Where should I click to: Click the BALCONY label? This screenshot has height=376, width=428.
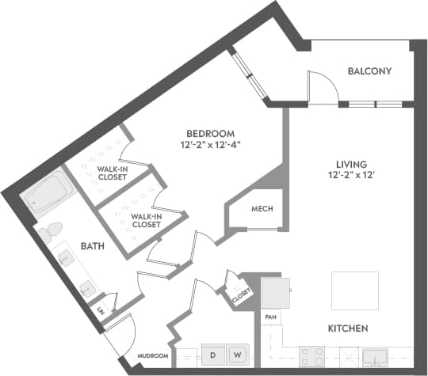[x=369, y=71]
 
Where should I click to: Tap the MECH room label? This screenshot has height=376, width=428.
[x=262, y=209]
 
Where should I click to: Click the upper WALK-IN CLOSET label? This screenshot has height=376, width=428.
[x=113, y=173]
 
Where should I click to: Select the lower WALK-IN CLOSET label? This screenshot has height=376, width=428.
[x=146, y=220]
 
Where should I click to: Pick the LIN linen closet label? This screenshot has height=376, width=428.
[x=101, y=311]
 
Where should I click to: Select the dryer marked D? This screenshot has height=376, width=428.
[x=213, y=355]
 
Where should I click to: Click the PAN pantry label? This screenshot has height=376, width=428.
[x=269, y=317]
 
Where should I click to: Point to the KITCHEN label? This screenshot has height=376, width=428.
[x=349, y=328]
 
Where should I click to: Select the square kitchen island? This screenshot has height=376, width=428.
[x=354, y=290]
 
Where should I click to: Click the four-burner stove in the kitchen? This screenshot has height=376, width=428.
[x=309, y=355]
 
